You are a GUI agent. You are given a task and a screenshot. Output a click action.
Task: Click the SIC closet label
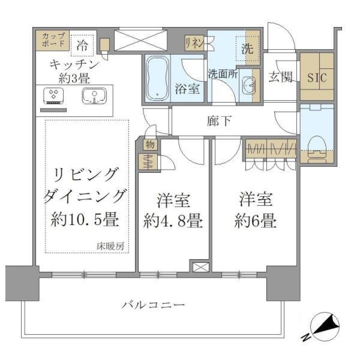317,78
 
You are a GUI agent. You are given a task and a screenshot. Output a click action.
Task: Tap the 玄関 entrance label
280,77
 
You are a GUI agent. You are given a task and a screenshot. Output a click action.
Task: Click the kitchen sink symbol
94,96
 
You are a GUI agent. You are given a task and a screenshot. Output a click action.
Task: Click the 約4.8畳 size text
173,222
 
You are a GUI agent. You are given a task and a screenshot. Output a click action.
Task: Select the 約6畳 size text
256,221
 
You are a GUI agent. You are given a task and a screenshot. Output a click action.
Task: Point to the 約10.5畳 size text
85,219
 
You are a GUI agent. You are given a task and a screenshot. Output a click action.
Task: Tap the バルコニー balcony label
153,304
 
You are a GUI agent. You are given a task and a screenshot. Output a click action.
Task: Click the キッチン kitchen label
74,64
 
